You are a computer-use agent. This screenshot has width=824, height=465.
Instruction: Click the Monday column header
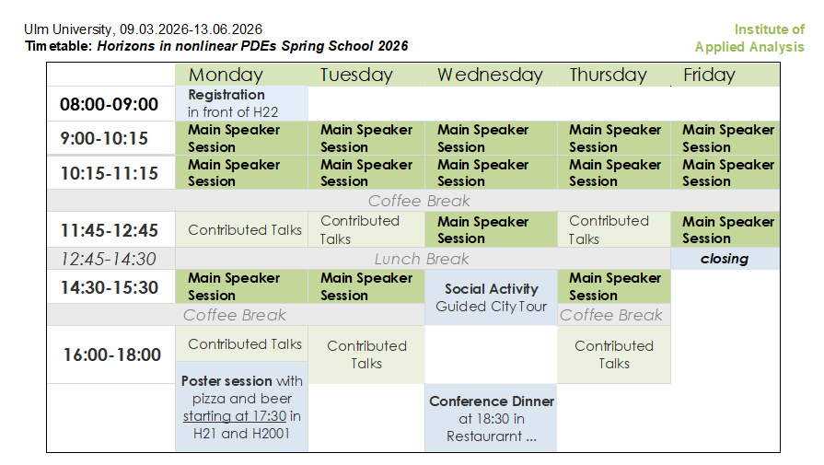pyautogui.click(x=226, y=75)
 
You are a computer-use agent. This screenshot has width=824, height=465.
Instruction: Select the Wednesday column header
pyautogui.click(x=490, y=75)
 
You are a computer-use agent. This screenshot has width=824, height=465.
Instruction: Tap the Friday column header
pyautogui.click(x=709, y=75)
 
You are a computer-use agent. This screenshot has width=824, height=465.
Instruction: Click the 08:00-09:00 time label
pyautogui.click(x=109, y=104)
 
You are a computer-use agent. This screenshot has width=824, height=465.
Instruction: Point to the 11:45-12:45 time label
pyautogui.click(x=109, y=230)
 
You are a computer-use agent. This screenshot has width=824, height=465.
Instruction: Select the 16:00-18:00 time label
pyautogui.click(x=112, y=355)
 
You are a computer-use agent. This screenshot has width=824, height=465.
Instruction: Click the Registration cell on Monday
pyautogui.click(x=242, y=103)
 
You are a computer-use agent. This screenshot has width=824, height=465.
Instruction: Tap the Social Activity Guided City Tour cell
pyautogui.click(x=491, y=297)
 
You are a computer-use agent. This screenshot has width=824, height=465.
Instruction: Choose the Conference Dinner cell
pyautogui.click(x=491, y=418)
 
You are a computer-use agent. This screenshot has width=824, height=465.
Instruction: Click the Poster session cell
pyautogui.click(x=242, y=406)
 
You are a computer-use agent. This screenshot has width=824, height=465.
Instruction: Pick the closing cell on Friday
pyautogui.click(x=725, y=259)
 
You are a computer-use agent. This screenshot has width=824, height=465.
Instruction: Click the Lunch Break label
pyautogui.click(x=422, y=259)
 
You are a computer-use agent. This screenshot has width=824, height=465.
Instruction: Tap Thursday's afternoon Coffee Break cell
pyautogui.click(x=611, y=315)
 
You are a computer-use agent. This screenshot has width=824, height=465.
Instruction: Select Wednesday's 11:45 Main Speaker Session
pyautogui.click(x=491, y=229)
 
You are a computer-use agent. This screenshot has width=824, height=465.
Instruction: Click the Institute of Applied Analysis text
pyautogui.click(x=750, y=38)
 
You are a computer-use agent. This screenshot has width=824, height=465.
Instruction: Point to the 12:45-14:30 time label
pyautogui.click(x=109, y=259)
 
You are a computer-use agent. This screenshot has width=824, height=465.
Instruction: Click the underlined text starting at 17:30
pyautogui.click(x=235, y=416)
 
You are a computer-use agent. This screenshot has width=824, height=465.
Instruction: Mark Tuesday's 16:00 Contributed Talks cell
pyautogui.click(x=366, y=355)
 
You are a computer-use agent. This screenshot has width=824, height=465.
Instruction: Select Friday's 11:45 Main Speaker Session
pyautogui.click(x=725, y=229)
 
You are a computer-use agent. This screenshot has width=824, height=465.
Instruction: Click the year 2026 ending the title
pyautogui.click(x=392, y=46)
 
